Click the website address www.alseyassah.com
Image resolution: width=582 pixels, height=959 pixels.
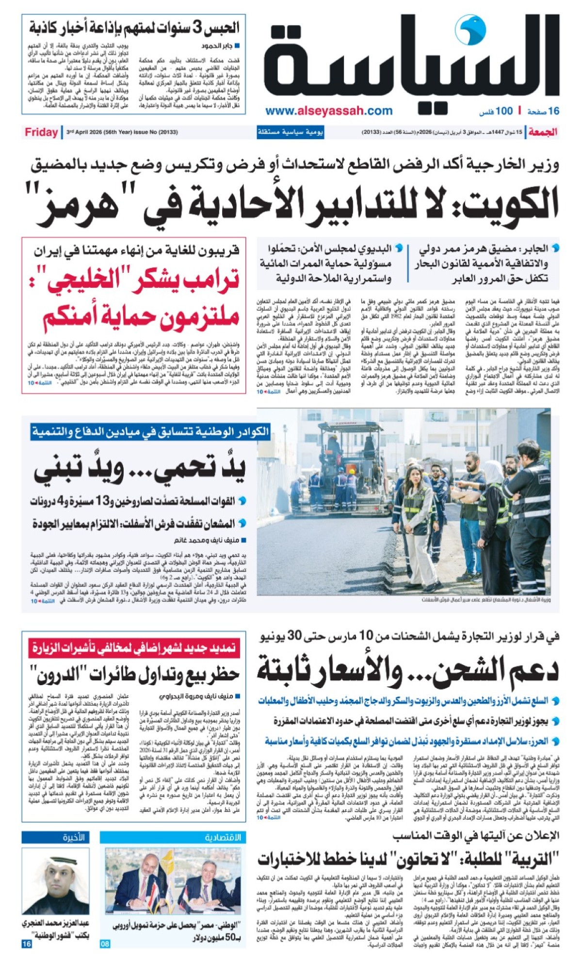click(x=329, y=111)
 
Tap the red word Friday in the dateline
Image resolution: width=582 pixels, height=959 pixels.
click(x=41, y=132)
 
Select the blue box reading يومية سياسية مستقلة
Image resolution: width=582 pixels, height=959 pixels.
click(x=290, y=132)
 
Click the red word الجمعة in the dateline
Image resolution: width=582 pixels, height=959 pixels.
click(x=543, y=132)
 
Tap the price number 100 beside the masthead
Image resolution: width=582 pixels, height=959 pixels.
click(x=504, y=111)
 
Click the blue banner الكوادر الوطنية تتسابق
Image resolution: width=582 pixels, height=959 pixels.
click(x=150, y=431)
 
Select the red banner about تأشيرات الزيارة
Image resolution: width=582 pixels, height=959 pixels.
click(x=133, y=647)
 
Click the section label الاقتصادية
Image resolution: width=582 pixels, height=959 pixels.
click(x=222, y=838)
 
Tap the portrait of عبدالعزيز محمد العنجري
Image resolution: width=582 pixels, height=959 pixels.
click(x=55, y=880)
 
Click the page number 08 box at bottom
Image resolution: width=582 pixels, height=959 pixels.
click(x=105, y=943)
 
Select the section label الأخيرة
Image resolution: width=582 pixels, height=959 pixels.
click(x=74, y=838)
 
